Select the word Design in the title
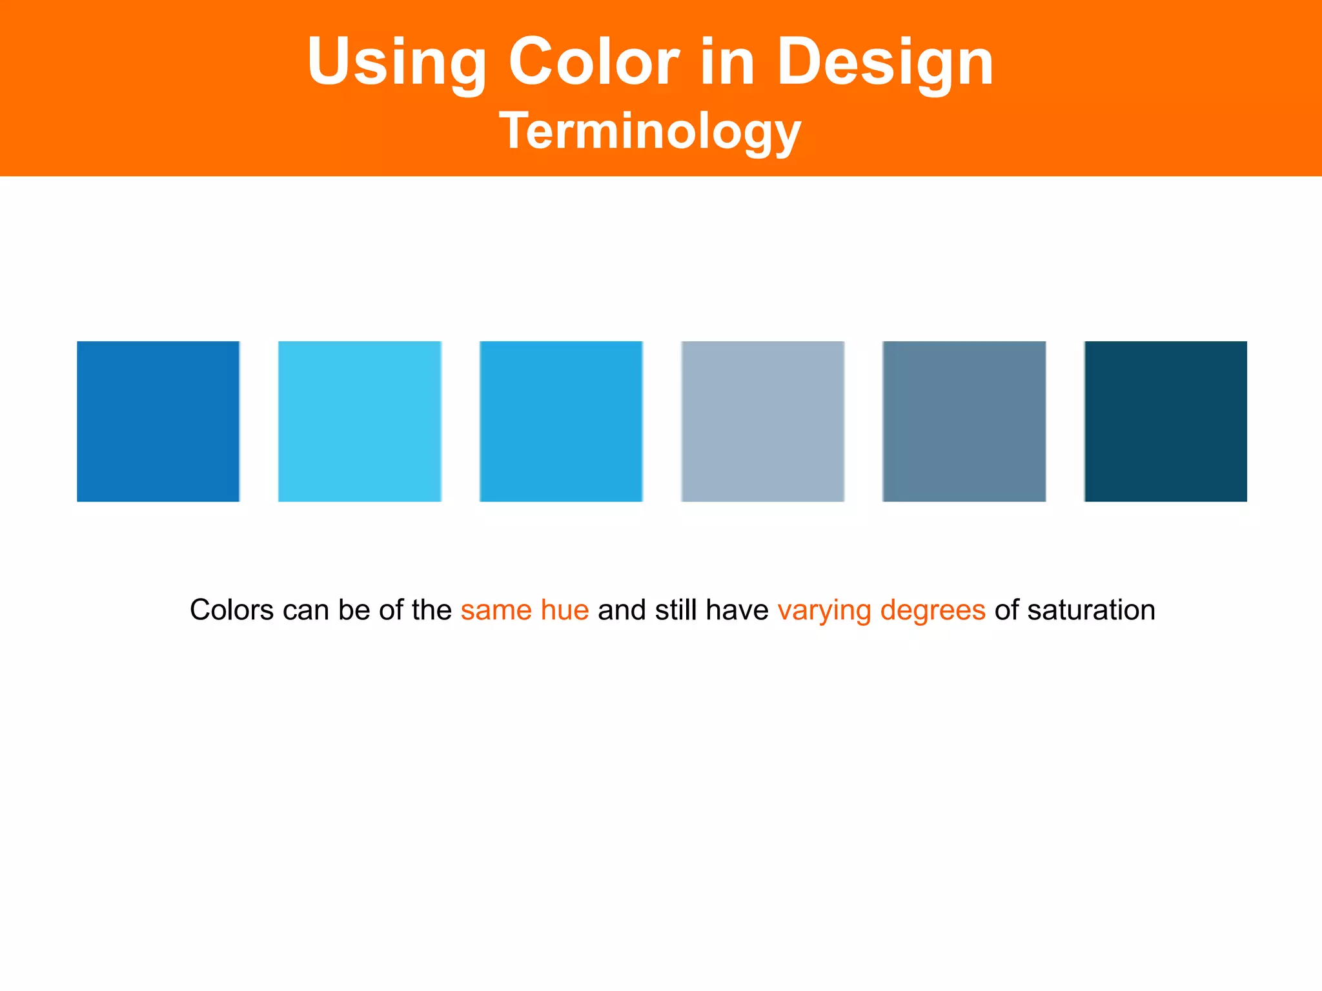(885, 63)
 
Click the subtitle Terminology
(650, 131)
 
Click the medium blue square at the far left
(158, 421)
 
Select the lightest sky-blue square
(360, 421)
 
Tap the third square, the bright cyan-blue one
(561, 421)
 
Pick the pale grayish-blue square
(762, 421)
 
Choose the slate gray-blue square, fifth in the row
(964, 421)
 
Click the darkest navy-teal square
(1165, 421)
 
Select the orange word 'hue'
(565, 610)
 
